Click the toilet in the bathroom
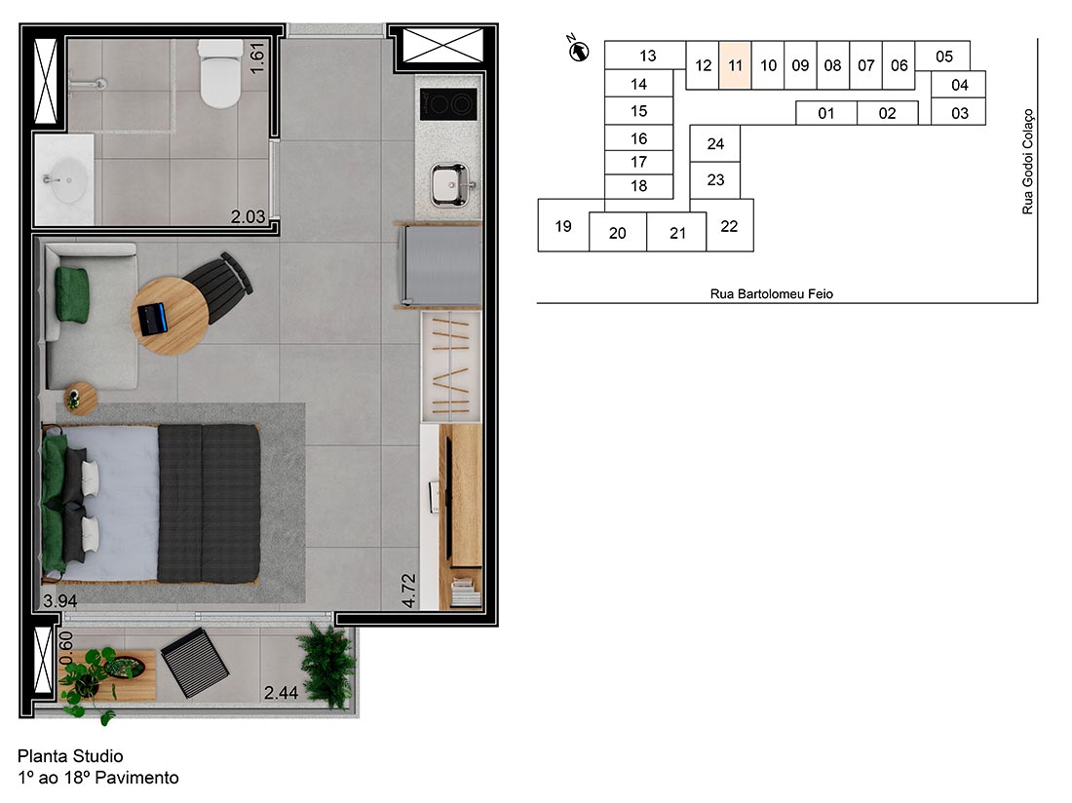[x=219, y=74]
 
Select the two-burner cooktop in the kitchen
[x=447, y=103]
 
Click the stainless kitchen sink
[x=450, y=182]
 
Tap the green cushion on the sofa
[x=72, y=292]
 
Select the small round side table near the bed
[x=80, y=398]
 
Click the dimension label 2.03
[x=248, y=218]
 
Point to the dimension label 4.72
[x=410, y=591]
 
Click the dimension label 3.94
[x=59, y=600]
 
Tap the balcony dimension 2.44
[x=281, y=694]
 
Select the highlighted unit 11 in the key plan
[x=735, y=66]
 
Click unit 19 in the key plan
[x=563, y=226]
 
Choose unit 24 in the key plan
[x=715, y=144]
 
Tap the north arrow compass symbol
[x=579, y=50]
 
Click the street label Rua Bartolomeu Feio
[x=772, y=293]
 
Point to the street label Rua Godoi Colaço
[x=1027, y=162]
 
